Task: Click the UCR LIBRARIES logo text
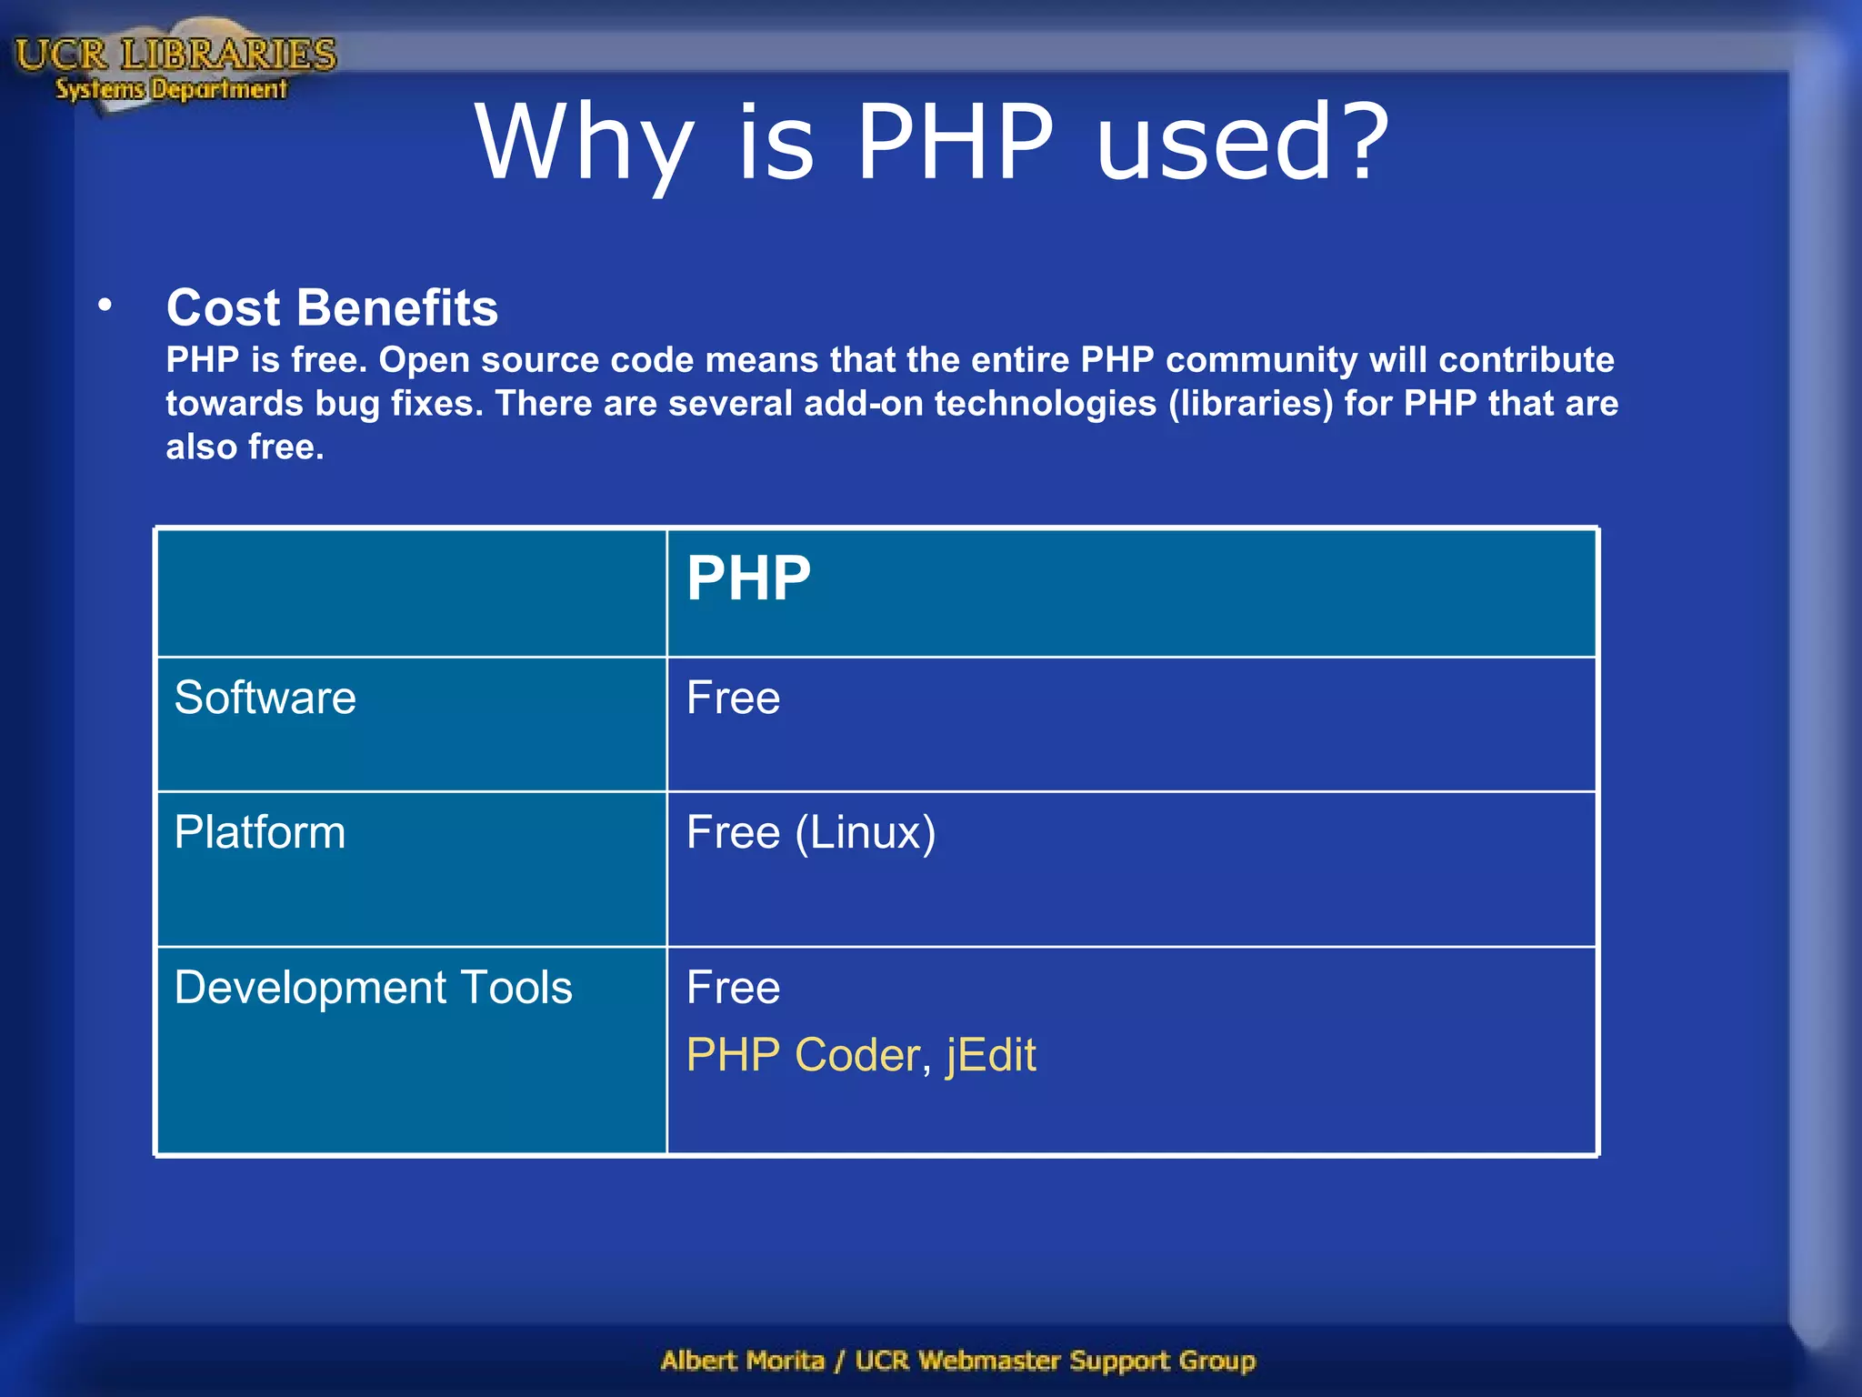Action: coord(175,55)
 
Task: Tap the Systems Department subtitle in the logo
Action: coord(171,89)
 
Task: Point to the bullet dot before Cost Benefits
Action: coord(105,306)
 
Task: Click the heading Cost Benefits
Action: coord(332,307)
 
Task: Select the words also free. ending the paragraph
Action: coord(245,447)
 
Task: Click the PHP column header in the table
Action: coord(748,578)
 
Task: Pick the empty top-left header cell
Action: coord(411,593)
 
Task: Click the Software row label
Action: coord(265,698)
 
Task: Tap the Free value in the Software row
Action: coord(733,698)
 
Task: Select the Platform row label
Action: coord(260,832)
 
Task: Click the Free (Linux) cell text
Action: coord(810,832)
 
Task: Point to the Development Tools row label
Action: coord(373,988)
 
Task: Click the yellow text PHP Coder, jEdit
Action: coord(860,1055)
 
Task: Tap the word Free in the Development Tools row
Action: coord(733,988)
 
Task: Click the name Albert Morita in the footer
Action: coord(743,1361)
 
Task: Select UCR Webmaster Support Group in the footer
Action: coord(1055,1361)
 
